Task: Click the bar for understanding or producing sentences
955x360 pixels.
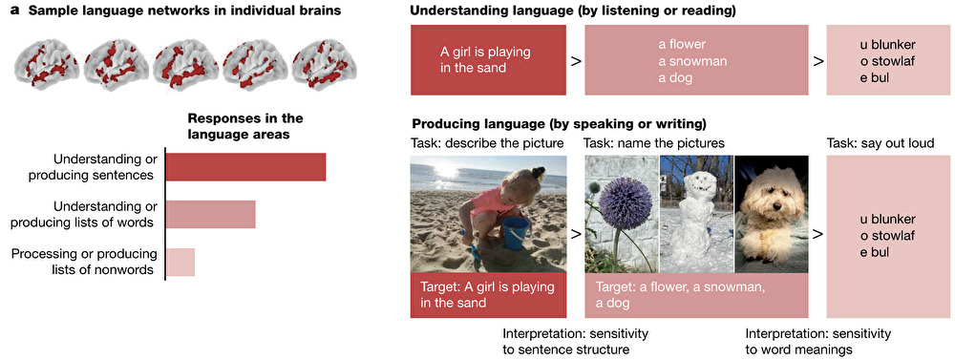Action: [x=246, y=167]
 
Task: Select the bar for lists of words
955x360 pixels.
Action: [x=211, y=214]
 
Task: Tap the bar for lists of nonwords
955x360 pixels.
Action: [x=180, y=262]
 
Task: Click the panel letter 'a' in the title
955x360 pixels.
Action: [x=17, y=11]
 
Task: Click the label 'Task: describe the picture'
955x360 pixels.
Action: [x=487, y=144]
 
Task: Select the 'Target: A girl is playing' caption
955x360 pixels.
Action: [x=488, y=286]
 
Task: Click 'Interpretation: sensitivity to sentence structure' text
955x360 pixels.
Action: [x=575, y=342]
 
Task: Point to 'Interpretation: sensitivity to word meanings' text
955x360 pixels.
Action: [x=818, y=342]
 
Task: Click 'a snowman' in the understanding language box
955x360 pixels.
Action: [x=692, y=61]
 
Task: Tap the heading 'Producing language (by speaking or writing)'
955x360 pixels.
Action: [x=559, y=125]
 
